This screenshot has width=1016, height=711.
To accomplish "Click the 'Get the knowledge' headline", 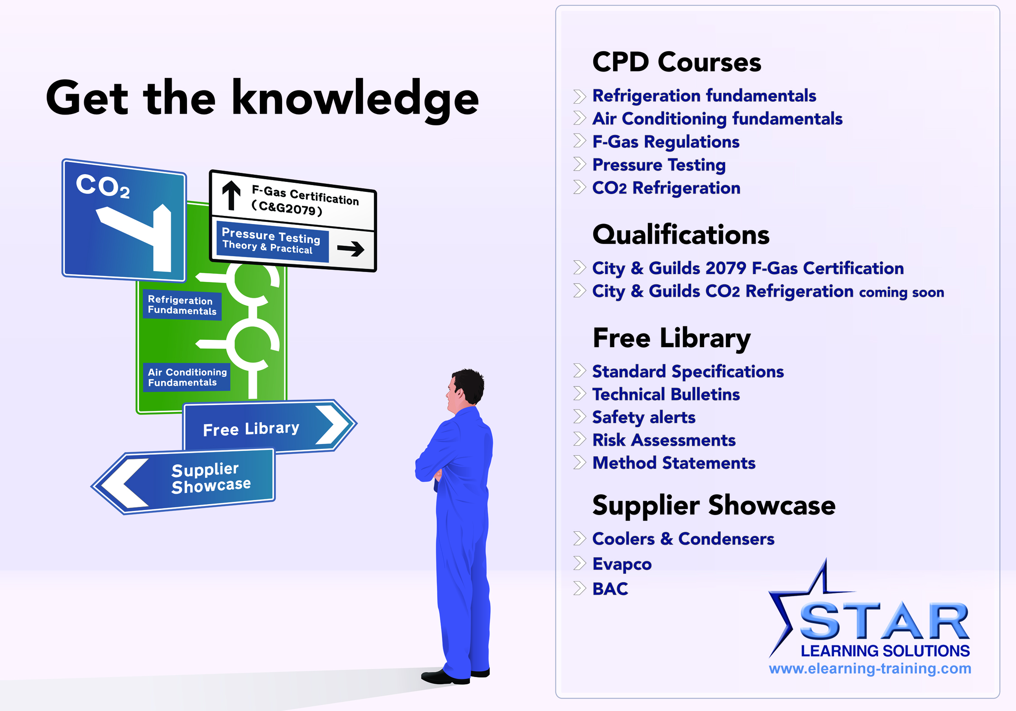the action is (262, 99).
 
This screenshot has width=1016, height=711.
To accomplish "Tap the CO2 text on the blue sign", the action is (103, 186).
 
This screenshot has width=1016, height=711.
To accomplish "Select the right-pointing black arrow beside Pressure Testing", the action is (351, 248).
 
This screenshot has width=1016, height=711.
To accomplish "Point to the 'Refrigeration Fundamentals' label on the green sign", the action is (182, 305).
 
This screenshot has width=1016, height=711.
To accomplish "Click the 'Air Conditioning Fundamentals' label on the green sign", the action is (187, 377).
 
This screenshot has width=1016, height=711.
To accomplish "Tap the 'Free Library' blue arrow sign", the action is (270, 426).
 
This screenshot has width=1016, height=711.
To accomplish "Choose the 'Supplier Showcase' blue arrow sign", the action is (183, 481).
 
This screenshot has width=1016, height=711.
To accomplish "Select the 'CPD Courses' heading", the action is (677, 62).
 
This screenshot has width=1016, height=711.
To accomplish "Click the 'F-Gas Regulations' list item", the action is (666, 142).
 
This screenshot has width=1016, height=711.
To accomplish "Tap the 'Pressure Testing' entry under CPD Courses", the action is (659, 165).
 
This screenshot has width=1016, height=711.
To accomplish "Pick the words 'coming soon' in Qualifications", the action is (901, 292).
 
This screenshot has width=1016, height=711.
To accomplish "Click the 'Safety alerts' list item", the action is (644, 417).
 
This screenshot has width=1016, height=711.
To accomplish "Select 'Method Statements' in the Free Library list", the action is (674, 463).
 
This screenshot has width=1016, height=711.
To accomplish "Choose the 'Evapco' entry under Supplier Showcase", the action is (622, 564).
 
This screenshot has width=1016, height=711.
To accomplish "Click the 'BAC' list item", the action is (610, 589).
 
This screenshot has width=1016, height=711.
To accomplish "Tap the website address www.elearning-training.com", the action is (870, 668).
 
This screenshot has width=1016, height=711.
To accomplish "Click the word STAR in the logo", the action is (884, 620).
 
